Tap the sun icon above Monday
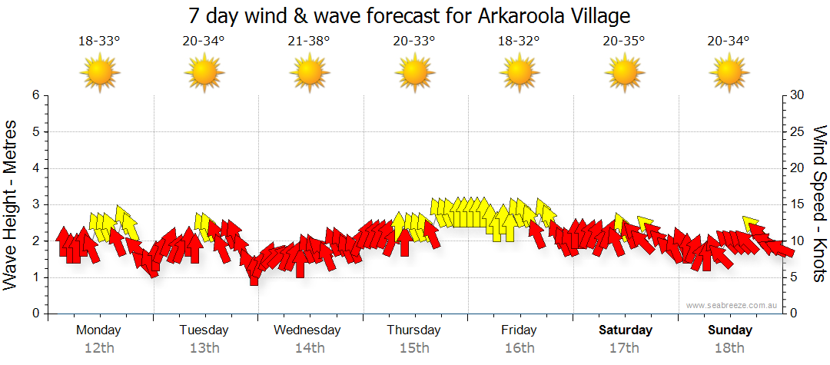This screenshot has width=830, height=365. (99, 73)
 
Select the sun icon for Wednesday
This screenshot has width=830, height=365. (309, 73)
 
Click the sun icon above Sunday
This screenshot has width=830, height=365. (729, 73)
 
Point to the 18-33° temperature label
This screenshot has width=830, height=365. (99, 41)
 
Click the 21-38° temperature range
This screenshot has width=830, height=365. (309, 41)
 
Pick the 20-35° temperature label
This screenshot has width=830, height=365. (623, 41)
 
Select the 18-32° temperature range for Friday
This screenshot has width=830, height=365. (519, 41)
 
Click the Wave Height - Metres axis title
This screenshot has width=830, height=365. (11, 204)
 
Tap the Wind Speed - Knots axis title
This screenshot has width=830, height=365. (819, 204)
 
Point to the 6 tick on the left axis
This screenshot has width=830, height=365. (35, 95)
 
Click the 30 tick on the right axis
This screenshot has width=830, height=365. (797, 95)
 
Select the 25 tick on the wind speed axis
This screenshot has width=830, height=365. (797, 131)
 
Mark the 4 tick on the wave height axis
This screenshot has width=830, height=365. (35, 168)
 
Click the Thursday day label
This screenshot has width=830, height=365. (413, 330)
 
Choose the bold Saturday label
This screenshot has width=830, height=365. (626, 330)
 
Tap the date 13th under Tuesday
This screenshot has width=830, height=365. (204, 348)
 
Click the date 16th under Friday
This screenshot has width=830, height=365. (519, 348)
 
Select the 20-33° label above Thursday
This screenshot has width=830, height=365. (413, 41)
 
